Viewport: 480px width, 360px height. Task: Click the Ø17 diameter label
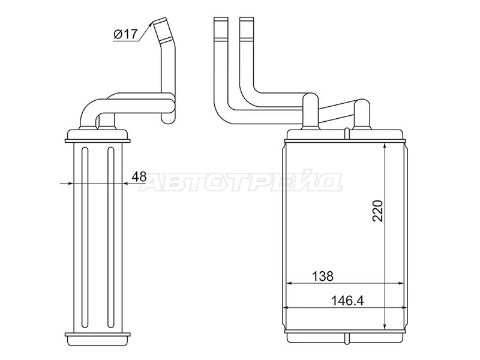pyautogui.click(x=125, y=34)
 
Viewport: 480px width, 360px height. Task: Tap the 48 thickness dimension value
pyautogui.click(x=139, y=176)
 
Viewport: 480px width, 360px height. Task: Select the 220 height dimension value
pyautogui.click(x=378, y=211)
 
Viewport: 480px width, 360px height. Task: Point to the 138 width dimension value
pyautogui.click(x=322, y=276)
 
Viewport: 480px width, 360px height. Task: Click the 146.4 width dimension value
pyautogui.click(x=347, y=301)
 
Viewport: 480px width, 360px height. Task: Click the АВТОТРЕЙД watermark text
pyautogui.click(x=241, y=183)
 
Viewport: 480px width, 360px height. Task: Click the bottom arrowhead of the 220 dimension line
pyautogui.click(x=385, y=325)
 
